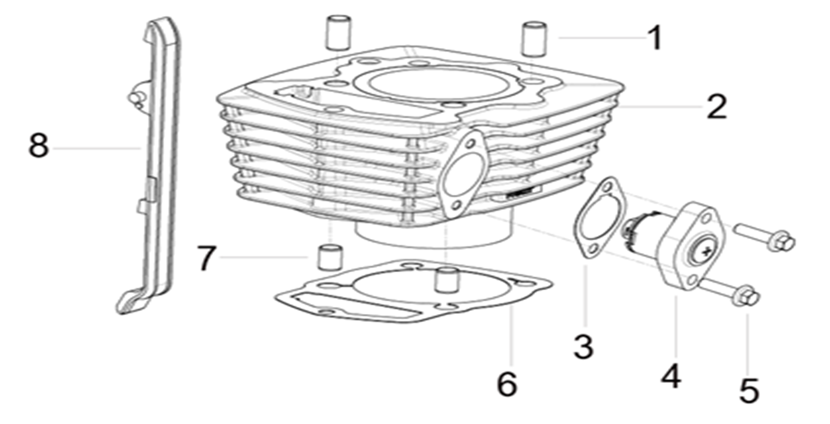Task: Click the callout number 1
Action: point(655,37)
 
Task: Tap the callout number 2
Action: point(717,107)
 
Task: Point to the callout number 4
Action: point(671,376)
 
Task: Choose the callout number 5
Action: point(749,390)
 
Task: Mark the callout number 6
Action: point(507,383)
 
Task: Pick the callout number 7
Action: point(206,257)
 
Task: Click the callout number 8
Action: point(39,146)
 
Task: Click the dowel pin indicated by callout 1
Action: point(534,39)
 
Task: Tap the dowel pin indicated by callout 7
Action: point(330,257)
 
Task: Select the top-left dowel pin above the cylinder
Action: point(338,32)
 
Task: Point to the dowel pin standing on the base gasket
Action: point(446,280)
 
